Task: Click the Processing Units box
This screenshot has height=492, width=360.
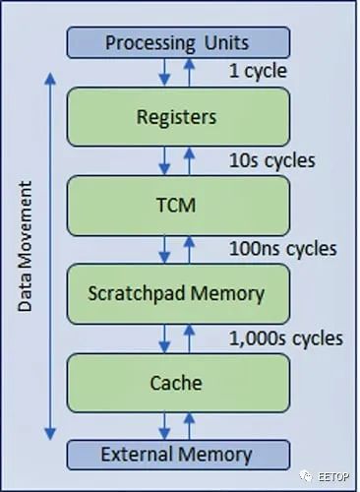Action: (x=178, y=42)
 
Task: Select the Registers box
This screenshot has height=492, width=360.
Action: (x=178, y=117)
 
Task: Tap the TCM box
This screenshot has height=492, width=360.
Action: (x=178, y=206)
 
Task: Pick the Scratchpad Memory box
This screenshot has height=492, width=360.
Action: (x=178, y=294)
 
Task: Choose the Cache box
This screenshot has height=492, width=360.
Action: (x=178, y=383)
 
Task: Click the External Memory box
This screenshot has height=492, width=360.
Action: (x=178, y=455)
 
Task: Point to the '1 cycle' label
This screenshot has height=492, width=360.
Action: (x=258, y=72)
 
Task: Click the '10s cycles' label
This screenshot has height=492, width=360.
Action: (x=272, y=160)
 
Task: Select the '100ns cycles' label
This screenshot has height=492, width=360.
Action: (x=283, y=249)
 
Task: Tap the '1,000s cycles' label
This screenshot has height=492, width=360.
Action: (x=286, y=338)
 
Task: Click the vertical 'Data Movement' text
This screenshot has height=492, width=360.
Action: (x=26, y=246)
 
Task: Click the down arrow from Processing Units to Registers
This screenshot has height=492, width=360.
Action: (x=164, y=73)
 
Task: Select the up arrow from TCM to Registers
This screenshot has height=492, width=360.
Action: (x=189, y=160)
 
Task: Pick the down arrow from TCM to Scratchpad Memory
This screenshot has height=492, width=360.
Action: (x=164, y=250)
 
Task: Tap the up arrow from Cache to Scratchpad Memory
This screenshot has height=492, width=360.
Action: (x=189, y=338)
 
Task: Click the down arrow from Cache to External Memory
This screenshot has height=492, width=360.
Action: (x=164, y=426)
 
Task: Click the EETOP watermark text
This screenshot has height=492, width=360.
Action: (x=333, y=476)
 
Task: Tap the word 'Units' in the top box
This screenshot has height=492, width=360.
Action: (x=227, y=42)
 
